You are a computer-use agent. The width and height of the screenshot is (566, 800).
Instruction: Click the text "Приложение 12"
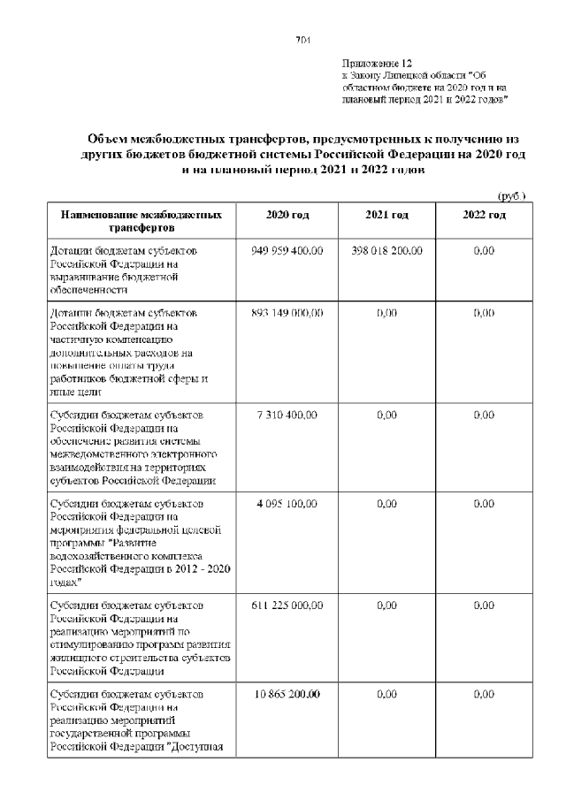pos(377,65)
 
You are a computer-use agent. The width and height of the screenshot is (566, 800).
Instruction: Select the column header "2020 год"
pos(287,216)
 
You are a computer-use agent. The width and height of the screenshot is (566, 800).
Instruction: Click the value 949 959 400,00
pos(287,251)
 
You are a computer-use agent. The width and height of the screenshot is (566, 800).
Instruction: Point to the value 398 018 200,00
pos(386,251)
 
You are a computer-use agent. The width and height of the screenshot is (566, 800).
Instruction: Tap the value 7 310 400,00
pos(287,415)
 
